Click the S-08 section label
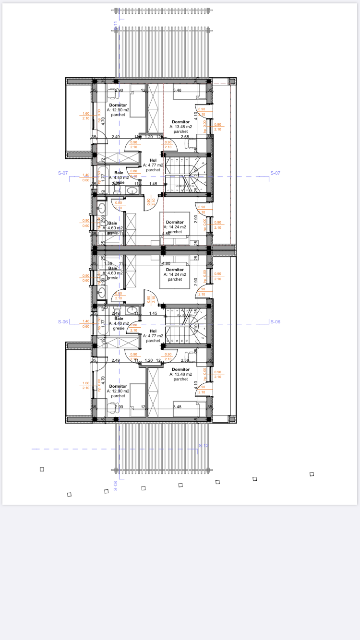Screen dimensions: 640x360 click(x=115, y=486)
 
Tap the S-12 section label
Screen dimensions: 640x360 click(x=204, y=446)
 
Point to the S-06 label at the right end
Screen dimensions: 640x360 click(x=275, y=322)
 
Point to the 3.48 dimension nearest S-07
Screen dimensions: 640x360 click(x=177, y=90)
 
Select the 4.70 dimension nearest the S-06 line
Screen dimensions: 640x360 click(x=103, y=381)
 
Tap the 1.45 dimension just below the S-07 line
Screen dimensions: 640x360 click(x=153, y=184)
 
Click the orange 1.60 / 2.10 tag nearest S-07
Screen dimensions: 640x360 click(x=86, y=116)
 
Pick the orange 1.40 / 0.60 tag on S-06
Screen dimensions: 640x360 click(x=86, y=324)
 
